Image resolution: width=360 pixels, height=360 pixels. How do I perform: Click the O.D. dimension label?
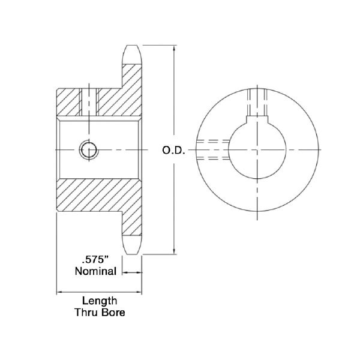coord(173,151)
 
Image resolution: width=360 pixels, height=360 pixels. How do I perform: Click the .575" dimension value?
coord(95,260)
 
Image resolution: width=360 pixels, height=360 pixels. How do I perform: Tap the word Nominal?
coord(96,271)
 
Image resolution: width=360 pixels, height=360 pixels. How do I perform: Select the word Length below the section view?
coord(100,301)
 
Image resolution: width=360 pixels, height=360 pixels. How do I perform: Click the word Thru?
coord(86,312)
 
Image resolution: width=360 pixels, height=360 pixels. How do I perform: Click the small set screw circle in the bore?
coord(89,150)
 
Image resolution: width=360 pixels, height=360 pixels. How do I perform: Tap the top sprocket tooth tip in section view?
coord(132,46)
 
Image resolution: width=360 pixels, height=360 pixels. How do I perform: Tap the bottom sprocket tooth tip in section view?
coord(132,254)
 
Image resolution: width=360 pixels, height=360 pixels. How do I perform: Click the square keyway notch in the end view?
coord(257,119)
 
